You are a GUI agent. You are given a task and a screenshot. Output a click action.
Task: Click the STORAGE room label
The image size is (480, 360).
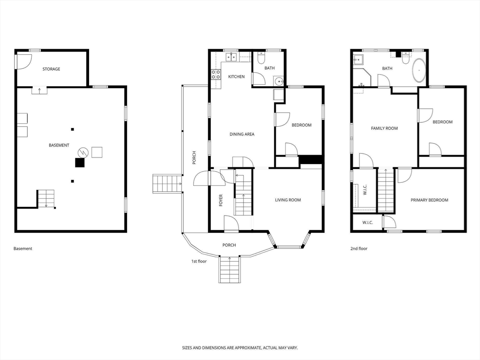pos(51,69)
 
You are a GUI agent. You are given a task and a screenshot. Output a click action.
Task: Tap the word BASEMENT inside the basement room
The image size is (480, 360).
pos(59,145)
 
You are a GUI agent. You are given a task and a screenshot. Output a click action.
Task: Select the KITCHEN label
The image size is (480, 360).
pos(236,76)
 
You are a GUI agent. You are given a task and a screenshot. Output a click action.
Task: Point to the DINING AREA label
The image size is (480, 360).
pos(242,134)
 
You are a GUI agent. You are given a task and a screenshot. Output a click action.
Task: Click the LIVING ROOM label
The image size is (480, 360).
pos(288,200)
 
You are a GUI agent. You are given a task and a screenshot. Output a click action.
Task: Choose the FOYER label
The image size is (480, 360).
pos(221,200)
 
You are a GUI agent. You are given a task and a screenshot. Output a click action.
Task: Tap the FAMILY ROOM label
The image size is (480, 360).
pos(384,128)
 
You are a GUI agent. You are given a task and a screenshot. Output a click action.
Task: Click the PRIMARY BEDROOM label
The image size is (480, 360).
pos(429,200)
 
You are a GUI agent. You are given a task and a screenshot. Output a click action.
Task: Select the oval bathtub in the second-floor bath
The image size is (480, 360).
pos(419,70)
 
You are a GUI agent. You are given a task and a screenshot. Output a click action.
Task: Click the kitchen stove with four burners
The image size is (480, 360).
pos(216,75)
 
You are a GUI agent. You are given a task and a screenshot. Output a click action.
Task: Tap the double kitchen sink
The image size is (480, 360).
pos(231,57)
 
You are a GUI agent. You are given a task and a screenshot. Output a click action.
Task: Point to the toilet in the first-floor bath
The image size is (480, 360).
pos(261,58)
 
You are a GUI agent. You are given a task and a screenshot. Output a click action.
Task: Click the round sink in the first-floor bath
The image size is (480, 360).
pos(279,82)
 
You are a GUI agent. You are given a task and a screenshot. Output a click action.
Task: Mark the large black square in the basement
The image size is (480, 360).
pos(80,163)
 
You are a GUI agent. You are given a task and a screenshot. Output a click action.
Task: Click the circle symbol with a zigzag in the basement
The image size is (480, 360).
pos(82,152)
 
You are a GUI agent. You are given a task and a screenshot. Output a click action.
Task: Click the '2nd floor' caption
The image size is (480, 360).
pos(359,248)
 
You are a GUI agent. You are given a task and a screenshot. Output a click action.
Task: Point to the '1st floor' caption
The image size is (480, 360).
pos(199,261)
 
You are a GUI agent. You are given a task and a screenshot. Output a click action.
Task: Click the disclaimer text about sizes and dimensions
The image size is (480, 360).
pos(240,348)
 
